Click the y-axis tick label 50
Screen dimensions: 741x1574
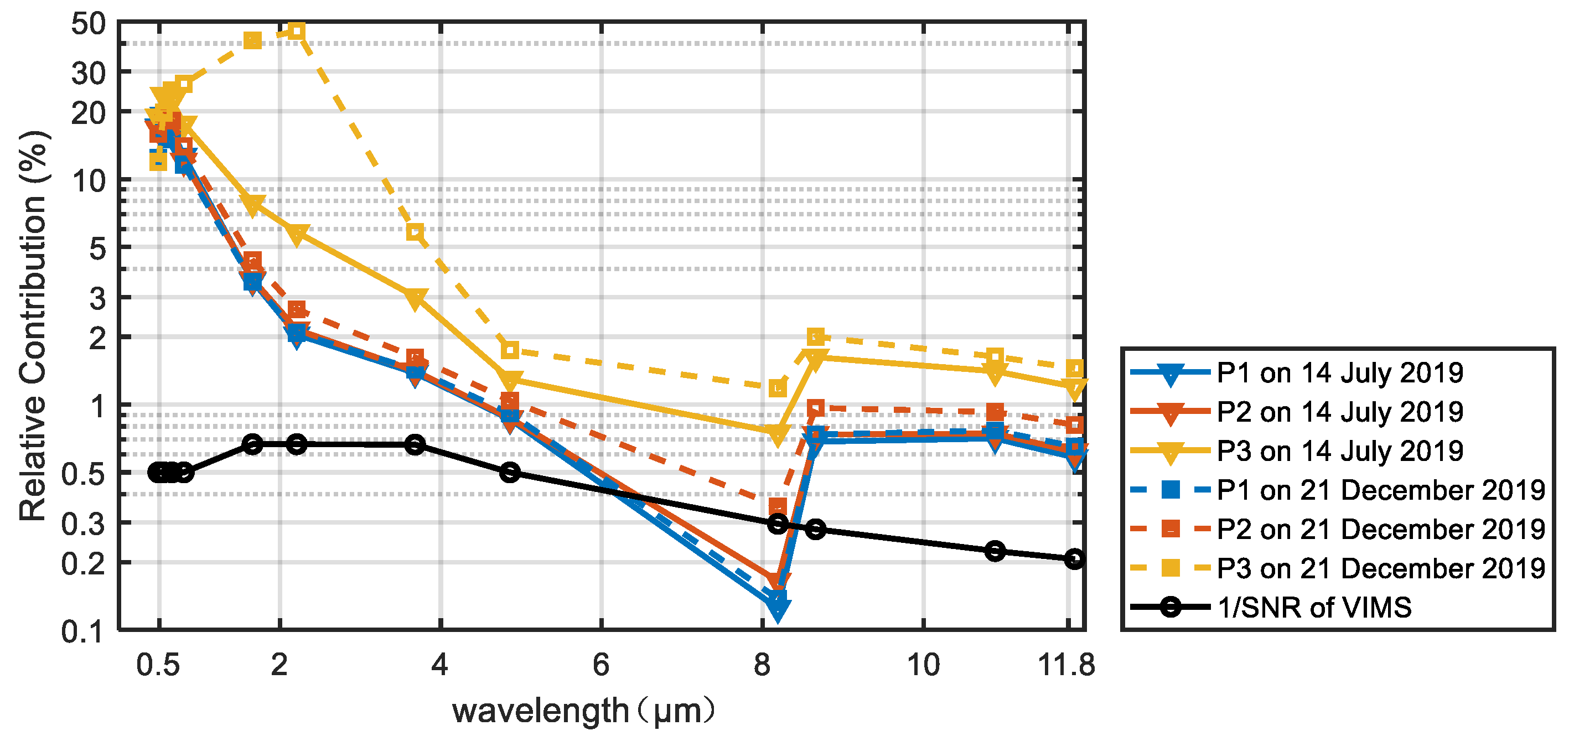pos(88,25)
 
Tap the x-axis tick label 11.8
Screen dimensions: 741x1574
pos(1066,665)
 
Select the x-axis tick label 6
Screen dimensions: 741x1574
pos(600,665)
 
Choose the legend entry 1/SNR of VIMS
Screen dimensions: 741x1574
pos(1314,608)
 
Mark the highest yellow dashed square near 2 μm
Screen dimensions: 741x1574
pos(296,30)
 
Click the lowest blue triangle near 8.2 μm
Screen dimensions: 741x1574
pos(777,609)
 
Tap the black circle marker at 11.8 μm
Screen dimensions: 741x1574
pos(1074,559)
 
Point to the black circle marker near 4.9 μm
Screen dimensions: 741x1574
pos(510,472)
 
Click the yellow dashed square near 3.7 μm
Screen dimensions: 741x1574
pos(416,232)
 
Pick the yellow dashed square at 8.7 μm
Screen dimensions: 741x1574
pos(816,336)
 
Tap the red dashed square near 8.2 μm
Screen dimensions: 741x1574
pos(777,506)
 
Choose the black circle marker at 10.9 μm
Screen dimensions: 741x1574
pos(995,551)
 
